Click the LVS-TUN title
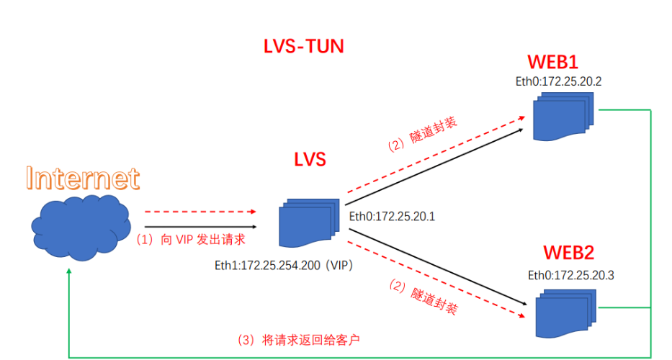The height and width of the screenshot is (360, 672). (x=303, y=48)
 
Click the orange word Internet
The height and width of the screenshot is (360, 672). (x=82, y=178)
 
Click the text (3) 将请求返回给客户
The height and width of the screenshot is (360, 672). (x=308, y=338)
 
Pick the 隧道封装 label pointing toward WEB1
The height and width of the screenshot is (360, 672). (x=422, y=134)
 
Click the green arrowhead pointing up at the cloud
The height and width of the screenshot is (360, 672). (x=68, y=273)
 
